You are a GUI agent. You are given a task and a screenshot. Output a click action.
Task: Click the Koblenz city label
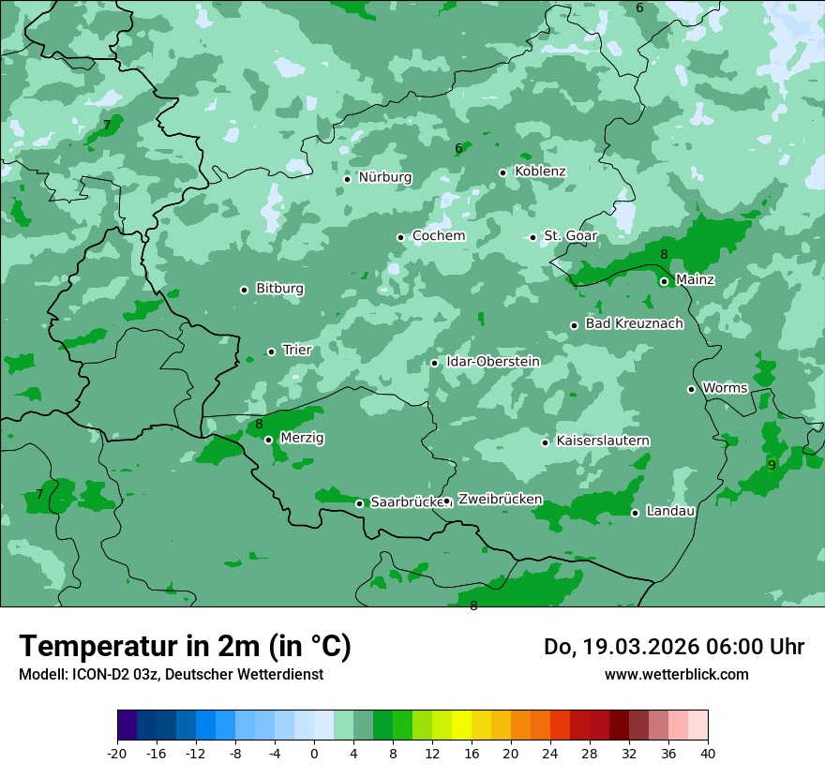pos(540,172)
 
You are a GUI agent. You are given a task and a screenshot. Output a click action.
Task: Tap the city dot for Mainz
pos(664,281)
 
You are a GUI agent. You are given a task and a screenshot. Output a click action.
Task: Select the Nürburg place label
pos(384,177)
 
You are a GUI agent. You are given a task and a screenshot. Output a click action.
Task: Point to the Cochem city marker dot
pos(400,237)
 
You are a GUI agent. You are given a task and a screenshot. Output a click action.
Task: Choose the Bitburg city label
pos(279,289)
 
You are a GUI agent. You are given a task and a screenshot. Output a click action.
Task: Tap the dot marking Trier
pos(272,352)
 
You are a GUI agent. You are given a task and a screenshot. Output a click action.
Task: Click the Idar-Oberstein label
pos(492,362)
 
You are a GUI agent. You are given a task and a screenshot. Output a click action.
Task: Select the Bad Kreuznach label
pos(634,323)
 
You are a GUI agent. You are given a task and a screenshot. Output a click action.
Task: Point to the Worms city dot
pos(692,389)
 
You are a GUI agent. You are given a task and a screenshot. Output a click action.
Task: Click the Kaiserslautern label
pos(603,441)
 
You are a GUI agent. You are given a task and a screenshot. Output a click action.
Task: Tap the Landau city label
pos(670,512)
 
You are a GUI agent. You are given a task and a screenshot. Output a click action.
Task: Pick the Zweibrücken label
pos(500,500)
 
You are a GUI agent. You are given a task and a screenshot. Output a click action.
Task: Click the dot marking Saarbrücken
pos(359,503)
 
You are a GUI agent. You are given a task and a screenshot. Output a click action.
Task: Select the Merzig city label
pos(302,438)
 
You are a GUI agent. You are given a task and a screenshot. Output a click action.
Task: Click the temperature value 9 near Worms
pos(772,465)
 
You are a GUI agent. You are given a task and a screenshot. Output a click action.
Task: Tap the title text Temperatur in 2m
pos(185,647)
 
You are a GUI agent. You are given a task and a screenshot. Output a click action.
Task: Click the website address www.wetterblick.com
pos(676,675)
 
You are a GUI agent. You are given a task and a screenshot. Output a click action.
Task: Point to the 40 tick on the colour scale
pos(708,754)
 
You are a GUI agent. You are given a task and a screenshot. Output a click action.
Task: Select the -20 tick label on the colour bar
pos(117,754)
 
